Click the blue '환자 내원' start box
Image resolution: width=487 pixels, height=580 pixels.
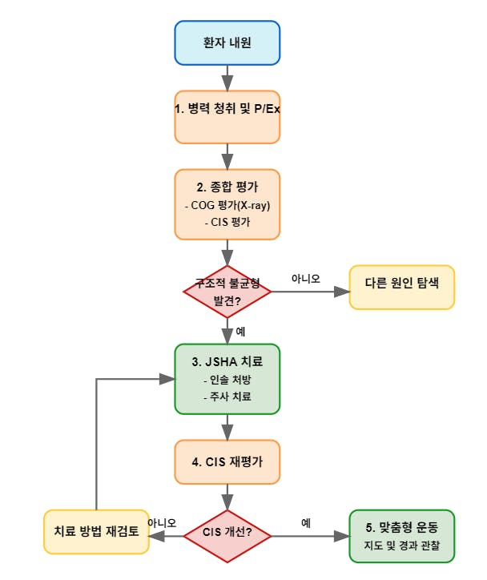(x=227, y=42)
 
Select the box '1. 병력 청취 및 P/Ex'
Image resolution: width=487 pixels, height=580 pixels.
(x=227, y=108)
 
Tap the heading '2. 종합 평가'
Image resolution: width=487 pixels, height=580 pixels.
(x=227, y=187)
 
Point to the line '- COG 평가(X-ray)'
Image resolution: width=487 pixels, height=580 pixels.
(x=227, y=205)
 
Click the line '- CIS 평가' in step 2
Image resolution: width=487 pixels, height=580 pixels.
(x=227, y=222)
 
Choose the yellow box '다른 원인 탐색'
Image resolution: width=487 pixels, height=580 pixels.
(x=401, y=284)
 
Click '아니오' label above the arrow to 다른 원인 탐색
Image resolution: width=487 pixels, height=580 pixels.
(x=304, y=278)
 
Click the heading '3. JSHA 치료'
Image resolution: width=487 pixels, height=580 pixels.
(x=227, y=361)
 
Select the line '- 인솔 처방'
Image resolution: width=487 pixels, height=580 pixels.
(x=227, y=379)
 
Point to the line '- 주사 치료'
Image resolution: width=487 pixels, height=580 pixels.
(x=227, y=397)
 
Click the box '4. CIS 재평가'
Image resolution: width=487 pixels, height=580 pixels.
(x=227, y=461)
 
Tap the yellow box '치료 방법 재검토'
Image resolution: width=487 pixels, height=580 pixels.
(x=95, y=530)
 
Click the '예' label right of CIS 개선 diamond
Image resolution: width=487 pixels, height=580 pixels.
(x=306, y=522)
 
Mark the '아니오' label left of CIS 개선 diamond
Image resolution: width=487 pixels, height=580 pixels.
(x=162, y=522)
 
